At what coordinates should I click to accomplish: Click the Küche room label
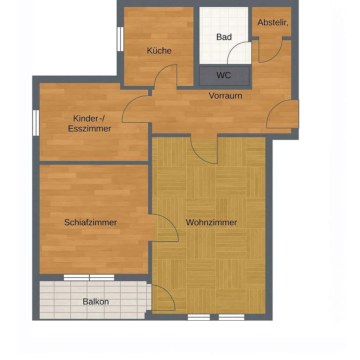[159, 51]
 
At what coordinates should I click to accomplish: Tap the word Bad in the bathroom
[224, 37]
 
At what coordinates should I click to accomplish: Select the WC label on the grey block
[224, 75]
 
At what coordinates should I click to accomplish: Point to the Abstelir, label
[273, 22]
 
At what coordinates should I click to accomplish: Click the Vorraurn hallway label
[225, 96]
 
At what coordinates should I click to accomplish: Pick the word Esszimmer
[90, 129]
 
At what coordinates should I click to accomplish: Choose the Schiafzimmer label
[90, 222]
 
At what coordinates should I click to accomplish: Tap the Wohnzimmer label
[211, 222]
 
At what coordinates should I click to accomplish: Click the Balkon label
[96, 302]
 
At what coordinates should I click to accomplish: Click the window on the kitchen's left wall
[120, 39]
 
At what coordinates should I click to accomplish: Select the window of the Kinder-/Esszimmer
[36, 123]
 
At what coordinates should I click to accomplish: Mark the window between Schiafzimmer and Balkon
[89, 277]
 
